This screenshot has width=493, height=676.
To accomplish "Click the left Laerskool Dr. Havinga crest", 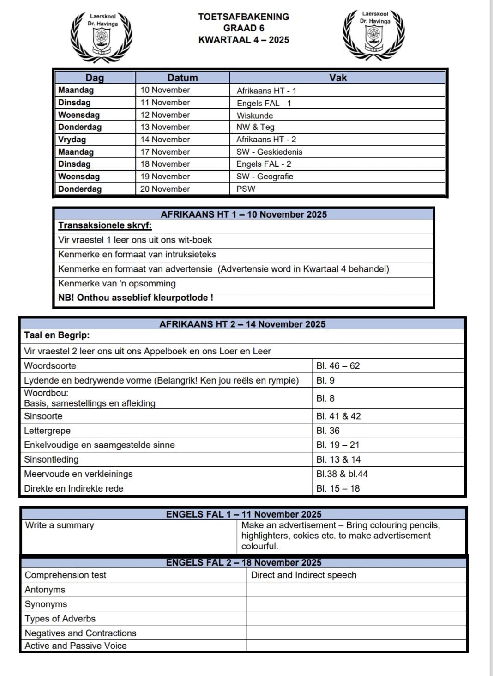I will coord(102,37).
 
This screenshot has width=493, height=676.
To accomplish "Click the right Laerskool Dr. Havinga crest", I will coord(374,35).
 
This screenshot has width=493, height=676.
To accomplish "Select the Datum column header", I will coord(182,78).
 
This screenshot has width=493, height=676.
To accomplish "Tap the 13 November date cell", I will coord(165,127).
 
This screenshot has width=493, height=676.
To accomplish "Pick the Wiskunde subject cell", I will coord(255,116).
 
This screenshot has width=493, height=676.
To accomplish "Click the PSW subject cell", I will coord(246,189).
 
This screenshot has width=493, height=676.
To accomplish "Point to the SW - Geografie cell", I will coord(265,177).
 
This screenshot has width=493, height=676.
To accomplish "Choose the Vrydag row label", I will coord(72,140).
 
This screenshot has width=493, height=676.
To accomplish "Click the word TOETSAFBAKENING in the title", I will coord(244,17).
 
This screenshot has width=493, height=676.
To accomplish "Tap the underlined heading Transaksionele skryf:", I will coord(105,225).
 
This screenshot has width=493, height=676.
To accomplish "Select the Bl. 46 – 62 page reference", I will coord(338,366).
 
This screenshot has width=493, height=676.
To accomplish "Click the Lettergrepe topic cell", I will coord(48,431).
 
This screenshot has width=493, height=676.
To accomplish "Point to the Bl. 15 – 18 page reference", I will coord(338,488).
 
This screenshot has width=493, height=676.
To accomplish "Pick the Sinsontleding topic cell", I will coord(51,459).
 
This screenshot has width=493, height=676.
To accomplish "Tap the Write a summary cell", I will coord(60,525).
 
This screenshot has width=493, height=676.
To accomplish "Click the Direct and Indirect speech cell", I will coord(304,575).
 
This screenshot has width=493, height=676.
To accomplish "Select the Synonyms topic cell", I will coord(46,604).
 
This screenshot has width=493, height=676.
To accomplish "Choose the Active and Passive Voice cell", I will coord(76,646).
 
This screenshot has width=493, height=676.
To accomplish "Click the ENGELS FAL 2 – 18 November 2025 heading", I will coord(244,562).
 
